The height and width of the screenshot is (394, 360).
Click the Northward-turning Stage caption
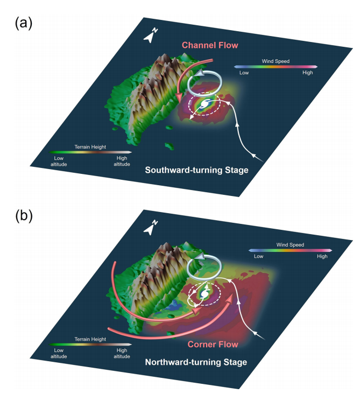pos(196,362)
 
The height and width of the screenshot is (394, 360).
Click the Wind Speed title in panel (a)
pos(275,61)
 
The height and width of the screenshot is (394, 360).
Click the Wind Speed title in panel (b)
pos(290,245)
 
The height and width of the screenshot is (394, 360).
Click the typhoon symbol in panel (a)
pos(205,105)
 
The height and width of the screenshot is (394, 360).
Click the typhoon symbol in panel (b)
pos(204,294)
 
